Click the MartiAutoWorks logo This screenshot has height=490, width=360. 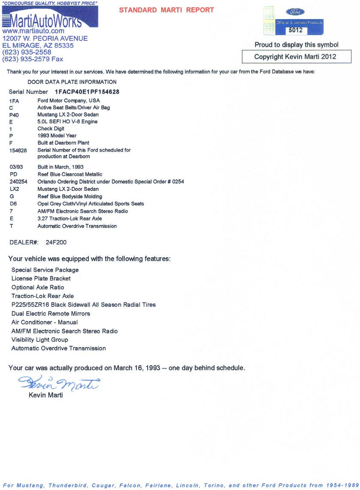tap(50, 20)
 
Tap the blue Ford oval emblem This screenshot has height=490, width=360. tap(295, 12)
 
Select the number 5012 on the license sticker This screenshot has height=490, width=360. tap(295, 30)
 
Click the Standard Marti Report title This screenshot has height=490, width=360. tap(167, 10)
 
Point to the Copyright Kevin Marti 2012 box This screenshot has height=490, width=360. tap(296, 56)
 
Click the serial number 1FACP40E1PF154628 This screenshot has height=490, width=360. tap(87, 92)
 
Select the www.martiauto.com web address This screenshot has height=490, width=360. tap(33, 31)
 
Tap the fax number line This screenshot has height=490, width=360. tap(33, 59)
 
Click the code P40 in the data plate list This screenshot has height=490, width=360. tap(14, 115)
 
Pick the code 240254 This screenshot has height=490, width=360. tap(18, 182)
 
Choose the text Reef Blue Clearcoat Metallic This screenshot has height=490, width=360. tap(70, 174)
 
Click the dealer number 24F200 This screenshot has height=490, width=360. tap(56, 243)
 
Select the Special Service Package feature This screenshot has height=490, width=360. tap(45, 270)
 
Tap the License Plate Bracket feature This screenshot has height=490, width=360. tap(41, 279)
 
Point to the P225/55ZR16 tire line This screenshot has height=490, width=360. tap(83, 305)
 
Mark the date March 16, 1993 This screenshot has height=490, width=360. tap(137, 368)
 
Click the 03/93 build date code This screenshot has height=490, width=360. tap(16, 167)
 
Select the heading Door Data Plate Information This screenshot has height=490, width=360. tap(72, 82)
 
